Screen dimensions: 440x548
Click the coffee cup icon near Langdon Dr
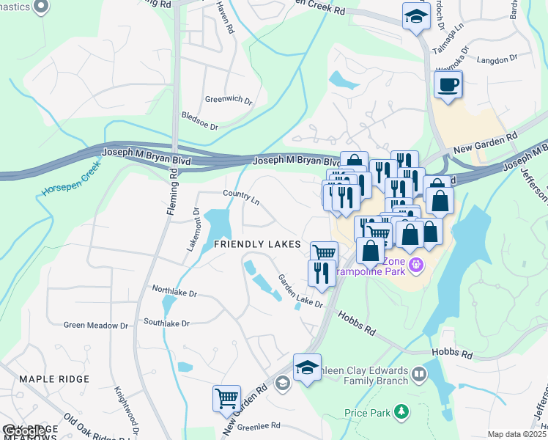(448, 84)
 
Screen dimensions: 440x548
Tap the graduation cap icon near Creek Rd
(416, 16)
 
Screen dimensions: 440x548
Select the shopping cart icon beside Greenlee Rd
(226, 398)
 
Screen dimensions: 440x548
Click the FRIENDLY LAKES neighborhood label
(257, 243)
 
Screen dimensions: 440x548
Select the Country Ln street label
(242, 196)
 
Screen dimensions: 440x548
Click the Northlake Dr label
(173, 293)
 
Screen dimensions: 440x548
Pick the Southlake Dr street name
(166, 323)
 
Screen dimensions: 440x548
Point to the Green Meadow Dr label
(96, 325)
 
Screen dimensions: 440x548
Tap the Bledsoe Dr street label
(199, 121)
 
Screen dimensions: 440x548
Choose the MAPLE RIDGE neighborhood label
(54, 379)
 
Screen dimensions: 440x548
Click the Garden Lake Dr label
(299, 291)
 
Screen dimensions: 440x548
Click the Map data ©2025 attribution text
(516, 434)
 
